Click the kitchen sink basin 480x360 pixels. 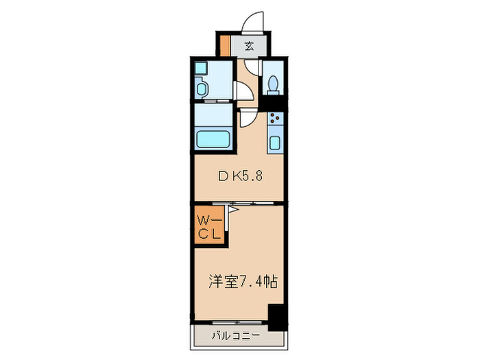276,143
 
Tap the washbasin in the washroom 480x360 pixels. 203,88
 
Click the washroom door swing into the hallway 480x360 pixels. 243,92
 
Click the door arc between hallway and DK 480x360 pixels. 246,118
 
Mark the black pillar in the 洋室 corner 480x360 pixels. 276,315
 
